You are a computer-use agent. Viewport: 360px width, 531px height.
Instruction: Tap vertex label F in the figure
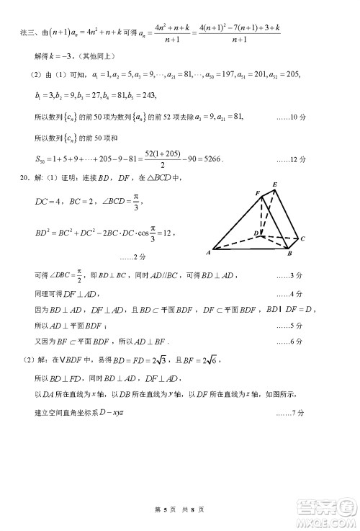pos(257,193)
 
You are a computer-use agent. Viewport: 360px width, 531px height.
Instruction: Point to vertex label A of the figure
pos(207,253)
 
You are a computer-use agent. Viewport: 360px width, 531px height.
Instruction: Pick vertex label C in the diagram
pos(303,238)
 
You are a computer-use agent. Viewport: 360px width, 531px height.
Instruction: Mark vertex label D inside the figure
pos(256,233)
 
